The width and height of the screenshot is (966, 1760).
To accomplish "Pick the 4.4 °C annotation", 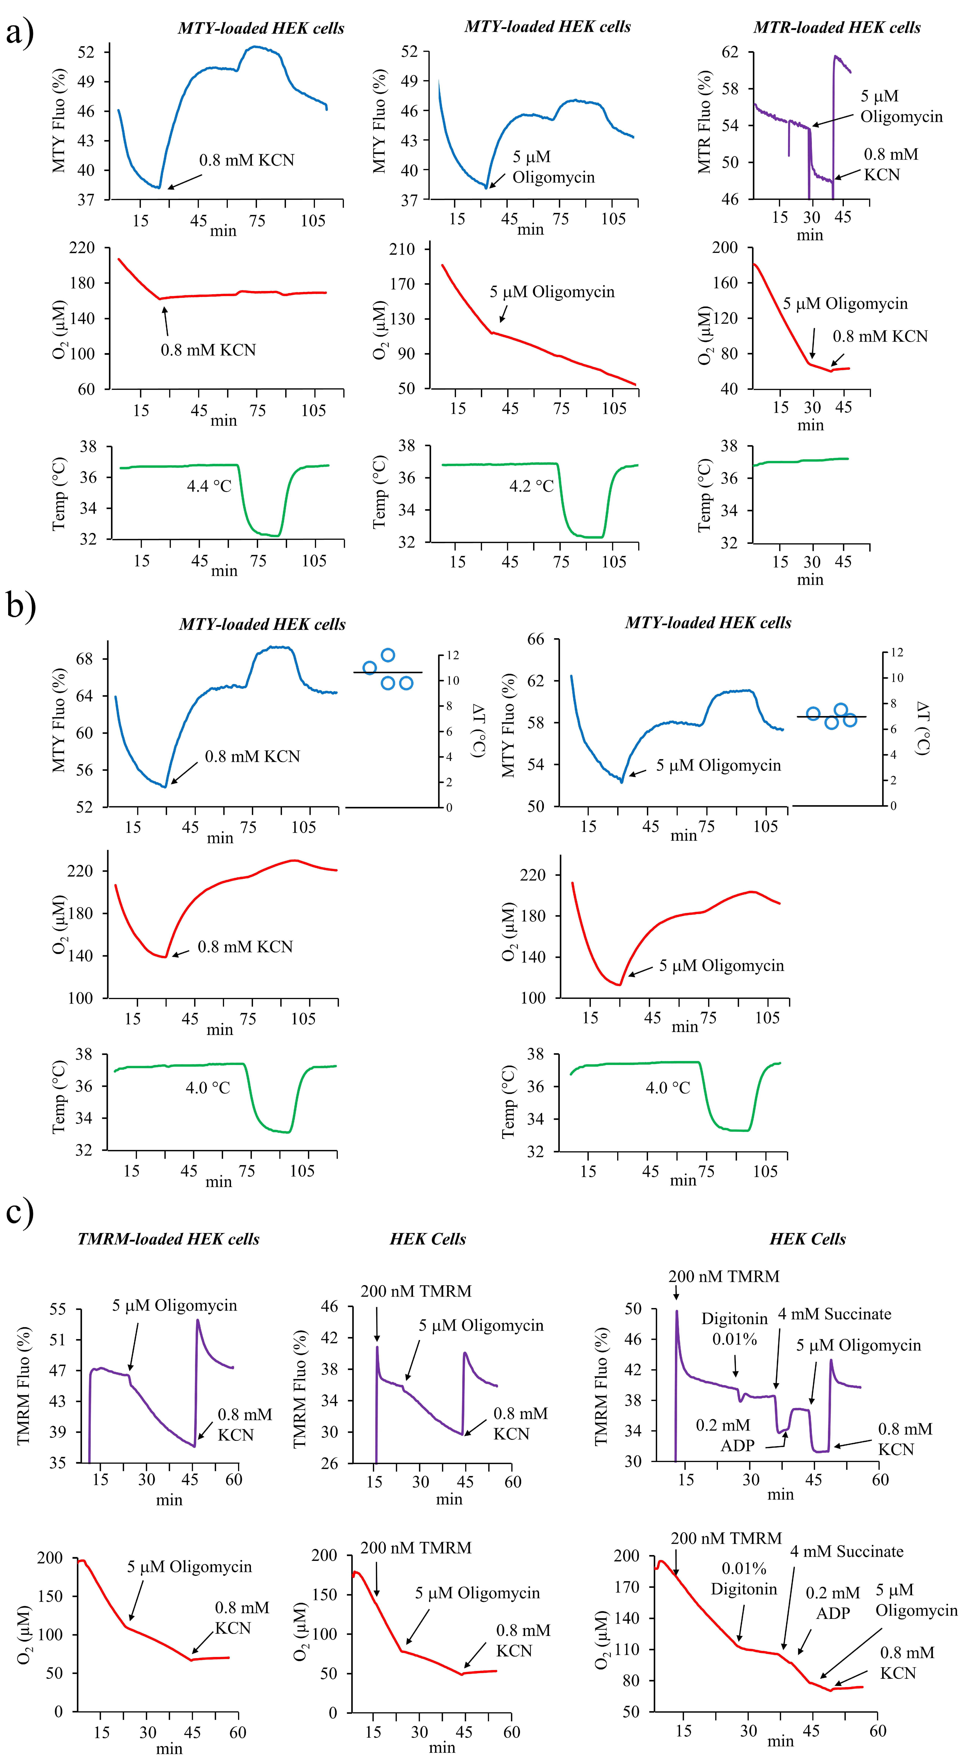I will click(x=209, y=486).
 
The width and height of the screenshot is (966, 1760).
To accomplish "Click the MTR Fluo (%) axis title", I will click(x=704, y=122).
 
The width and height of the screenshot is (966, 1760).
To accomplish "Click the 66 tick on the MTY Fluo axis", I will click(x=536, y=640).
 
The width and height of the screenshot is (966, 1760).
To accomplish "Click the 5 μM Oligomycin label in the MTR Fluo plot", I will click(x=900, y=107).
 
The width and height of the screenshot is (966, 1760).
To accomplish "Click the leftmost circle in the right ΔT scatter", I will click(x=813, y=714).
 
